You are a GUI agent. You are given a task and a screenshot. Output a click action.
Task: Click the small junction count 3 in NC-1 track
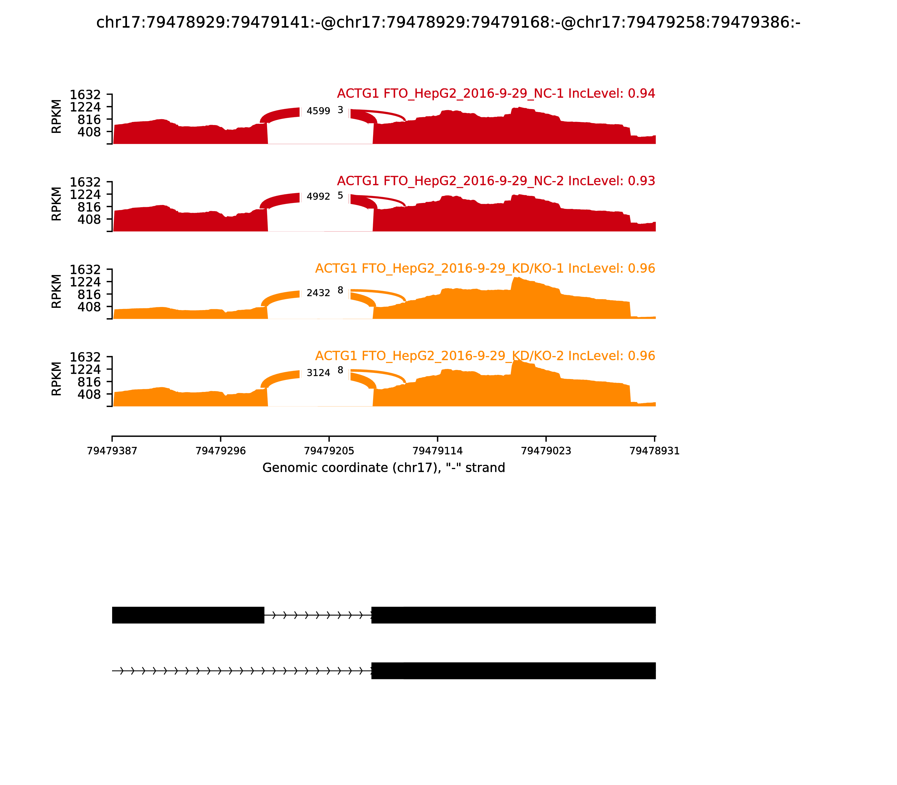point(340,110)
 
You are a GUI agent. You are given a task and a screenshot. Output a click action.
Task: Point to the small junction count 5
point(340,195)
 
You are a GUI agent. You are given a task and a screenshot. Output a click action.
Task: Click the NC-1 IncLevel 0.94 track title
point(496,93)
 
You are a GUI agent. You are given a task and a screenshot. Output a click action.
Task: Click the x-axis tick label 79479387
point(112,451)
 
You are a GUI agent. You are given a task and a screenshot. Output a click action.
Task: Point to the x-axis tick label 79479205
point(329,451)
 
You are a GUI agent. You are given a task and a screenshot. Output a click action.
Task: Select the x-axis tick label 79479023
point(546,451)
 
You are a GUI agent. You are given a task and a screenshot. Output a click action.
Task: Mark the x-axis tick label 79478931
point(654,451)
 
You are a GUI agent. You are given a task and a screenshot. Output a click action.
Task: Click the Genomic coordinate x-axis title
point(384,468)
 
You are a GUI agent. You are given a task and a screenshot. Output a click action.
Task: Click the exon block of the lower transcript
point(513,671)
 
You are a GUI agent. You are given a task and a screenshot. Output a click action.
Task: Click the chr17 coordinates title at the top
point(448,22)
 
